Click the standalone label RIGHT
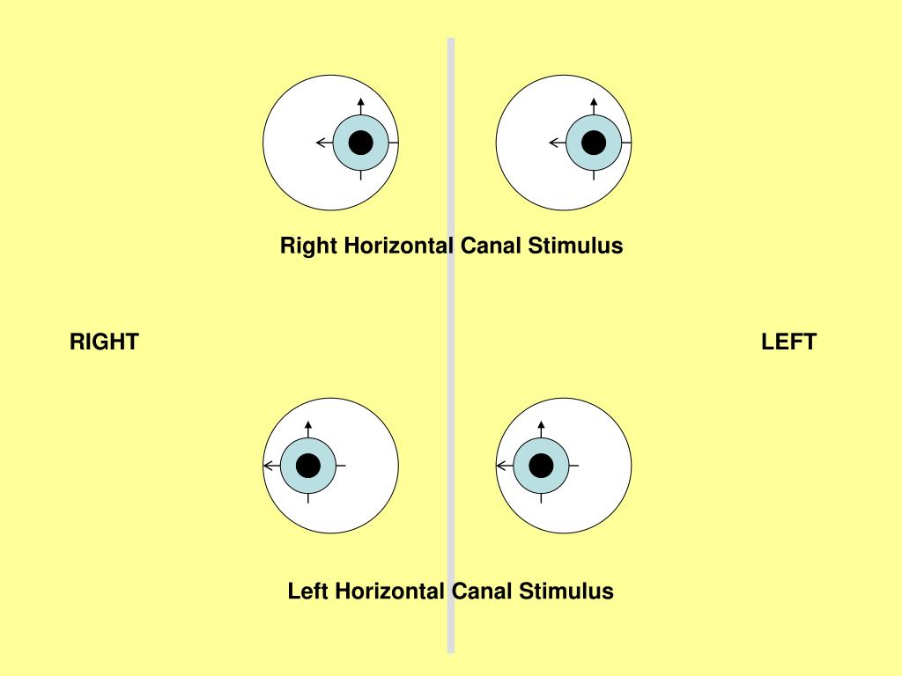pyautogui.click(x=104, y=342)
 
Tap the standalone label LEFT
pyautogui.click(x=788, y=342)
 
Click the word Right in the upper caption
pyautogui.click(x=308, y=246)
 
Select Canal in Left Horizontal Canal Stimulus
pyautogui.click(x=481, y=591)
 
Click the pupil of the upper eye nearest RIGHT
pyautogui.click(x=361, y=143)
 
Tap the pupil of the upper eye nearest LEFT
pyautogui.click(x=594, y=143)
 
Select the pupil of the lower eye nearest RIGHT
pyautogui.click(x=308, y=465)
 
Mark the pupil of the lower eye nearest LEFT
pyautogui.click(x=541, y=465)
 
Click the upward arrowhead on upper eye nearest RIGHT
pyautogui.click(x=361, y=101)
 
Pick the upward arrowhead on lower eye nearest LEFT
pyautogui.click(x=541, y=425)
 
